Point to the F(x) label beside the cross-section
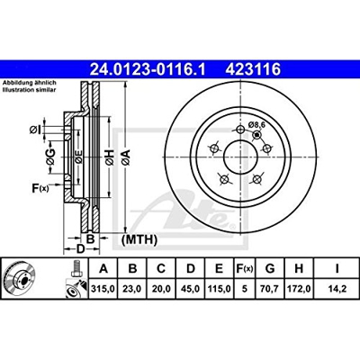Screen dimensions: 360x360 [39, 187]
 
